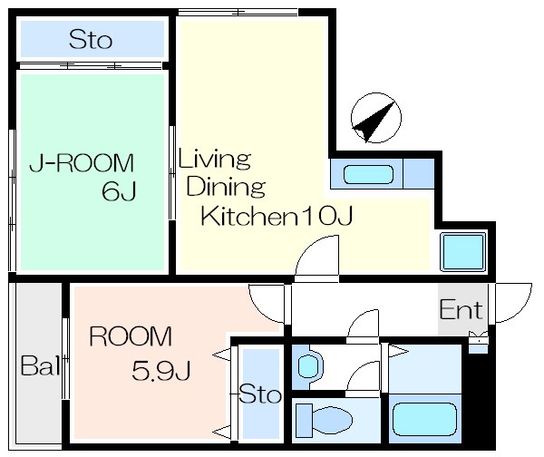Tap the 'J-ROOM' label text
pos(82,163)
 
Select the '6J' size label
pos(119,191)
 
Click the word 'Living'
pos(214,160)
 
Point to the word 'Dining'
pos(226,187)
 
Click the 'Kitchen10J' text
pos(277,216)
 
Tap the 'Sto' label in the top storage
pos(91,40)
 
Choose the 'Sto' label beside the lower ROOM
pos(260,394)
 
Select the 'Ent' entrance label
pos(461,309)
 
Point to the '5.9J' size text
pos(161,371)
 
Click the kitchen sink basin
pos(368,174)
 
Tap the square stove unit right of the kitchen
pos(463,252)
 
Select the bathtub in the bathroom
pos(424,419)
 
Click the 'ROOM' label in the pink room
pos(131,335)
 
